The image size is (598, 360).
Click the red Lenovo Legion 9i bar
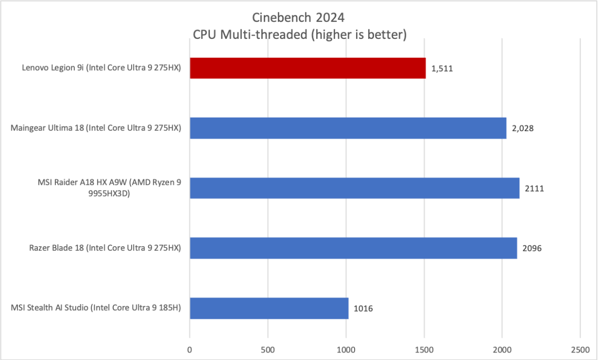(x=308, y=68)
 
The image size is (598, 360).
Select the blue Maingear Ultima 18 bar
(x=348, y=128)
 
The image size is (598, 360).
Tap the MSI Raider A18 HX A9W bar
(x=355, y=188)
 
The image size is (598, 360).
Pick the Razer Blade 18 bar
(x=353, y=248)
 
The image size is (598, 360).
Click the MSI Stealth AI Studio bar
(x=269, y=308)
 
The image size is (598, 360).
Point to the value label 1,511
(x=443, y=69)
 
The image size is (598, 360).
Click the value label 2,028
(x=523, y=129)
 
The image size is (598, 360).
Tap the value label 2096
(x=532, y=248)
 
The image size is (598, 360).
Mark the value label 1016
(x=363, y=309)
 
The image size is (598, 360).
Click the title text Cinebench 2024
(x=299, y=18)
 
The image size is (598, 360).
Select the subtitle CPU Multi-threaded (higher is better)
(x=299, y=35)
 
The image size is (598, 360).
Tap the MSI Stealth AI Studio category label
(x=95, y=308)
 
